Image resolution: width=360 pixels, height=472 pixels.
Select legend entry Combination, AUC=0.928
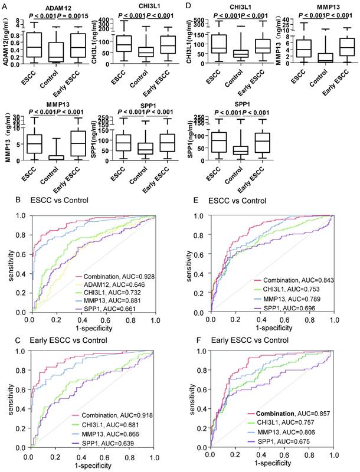pos(118,274)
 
